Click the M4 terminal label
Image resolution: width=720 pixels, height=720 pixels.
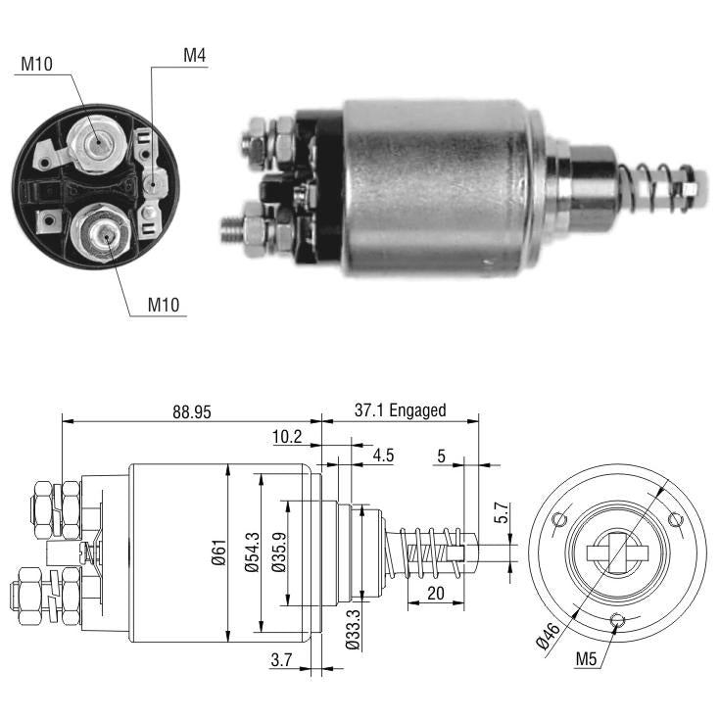(194, 55)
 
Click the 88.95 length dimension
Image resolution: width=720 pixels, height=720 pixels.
(191, 411)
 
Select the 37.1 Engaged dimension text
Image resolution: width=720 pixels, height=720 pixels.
(400, 410)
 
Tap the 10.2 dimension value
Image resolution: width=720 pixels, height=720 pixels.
(287, 436)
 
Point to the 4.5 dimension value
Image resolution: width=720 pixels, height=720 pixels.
(383, 456)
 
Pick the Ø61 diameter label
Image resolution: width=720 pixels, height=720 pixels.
(219, 552)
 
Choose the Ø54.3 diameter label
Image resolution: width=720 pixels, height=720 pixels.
(252, 552)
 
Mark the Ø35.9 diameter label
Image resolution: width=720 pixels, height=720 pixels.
(278, 552)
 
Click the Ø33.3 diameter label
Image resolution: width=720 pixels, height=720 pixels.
(353, 630)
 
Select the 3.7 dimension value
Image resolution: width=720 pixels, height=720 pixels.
(281, 660)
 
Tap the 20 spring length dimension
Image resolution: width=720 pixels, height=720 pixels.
(435, 593)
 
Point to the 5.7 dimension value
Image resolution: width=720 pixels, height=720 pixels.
(502, 513)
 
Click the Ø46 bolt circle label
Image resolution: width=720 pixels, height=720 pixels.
(549, 636)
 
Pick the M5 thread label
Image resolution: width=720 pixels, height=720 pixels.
(586, 659)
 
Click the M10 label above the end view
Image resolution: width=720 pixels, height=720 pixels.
(37, 64)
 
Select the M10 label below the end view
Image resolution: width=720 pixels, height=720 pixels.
(164, 305)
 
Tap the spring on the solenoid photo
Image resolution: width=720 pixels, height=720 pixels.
(653, 188)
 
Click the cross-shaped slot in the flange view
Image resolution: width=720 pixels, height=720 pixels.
(617, 553)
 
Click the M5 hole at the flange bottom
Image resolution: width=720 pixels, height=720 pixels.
(617, 620)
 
